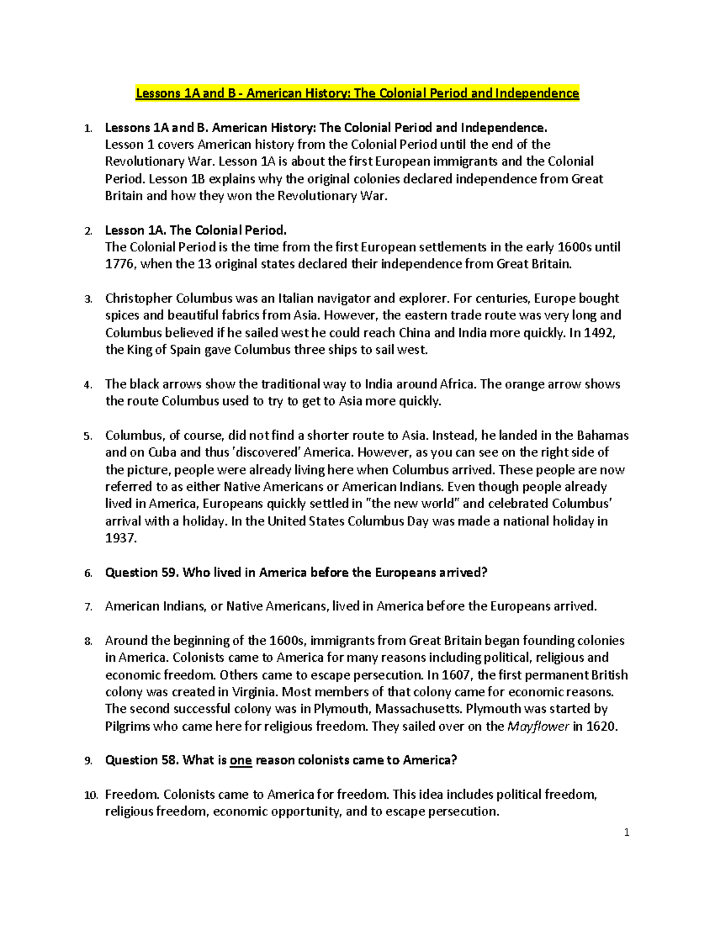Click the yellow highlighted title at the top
click(357, 93)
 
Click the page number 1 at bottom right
click(626, 833)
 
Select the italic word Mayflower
click(537, 726)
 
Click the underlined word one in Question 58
click(241, 761)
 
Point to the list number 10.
click(90, 795)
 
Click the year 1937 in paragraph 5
click(120, 538)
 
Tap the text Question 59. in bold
click(142, 572)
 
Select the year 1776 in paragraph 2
click(120, 264)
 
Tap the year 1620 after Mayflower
click(602, 726)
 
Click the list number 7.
click(88, 607)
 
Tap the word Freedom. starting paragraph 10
click(132, 795)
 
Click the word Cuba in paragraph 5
click(162, 452)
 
